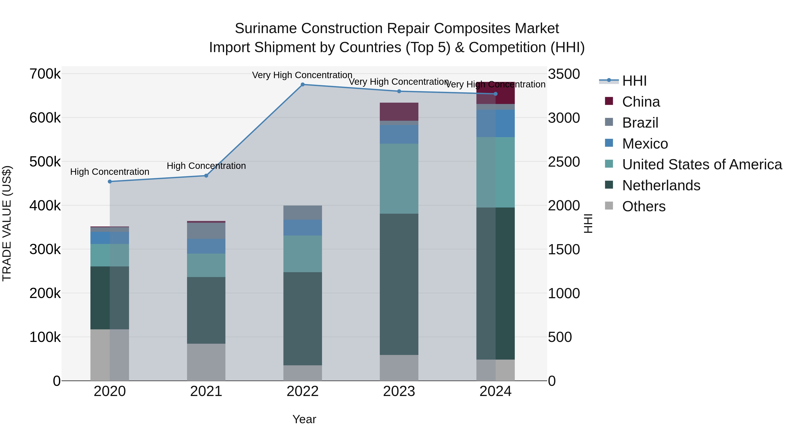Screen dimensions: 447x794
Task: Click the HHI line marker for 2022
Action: point(302,85)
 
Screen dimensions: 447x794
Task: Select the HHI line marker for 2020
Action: point(110,182)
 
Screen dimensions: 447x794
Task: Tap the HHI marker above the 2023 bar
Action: point(399,91)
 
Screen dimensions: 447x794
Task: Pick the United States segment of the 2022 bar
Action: point(302,254)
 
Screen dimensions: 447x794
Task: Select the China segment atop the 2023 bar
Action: point(399,112)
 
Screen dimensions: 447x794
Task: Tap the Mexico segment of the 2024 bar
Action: point(495,123)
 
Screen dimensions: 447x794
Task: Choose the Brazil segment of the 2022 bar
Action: point(302,213)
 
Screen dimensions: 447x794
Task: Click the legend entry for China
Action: point(640,102)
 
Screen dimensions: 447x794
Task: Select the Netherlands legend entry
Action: point(661,185)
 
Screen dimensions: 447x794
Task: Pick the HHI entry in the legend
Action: point(634,81)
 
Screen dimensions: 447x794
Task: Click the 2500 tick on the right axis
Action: point(564,162)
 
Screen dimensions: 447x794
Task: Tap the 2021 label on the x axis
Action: point(206,391)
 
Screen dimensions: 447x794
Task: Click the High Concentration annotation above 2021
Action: point(206,166)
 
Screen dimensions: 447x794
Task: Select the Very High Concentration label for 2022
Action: point(302,75)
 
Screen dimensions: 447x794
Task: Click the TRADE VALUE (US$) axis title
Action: point(7,223)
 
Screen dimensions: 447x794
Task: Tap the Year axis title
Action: point(304,419)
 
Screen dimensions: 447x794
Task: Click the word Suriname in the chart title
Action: point(265,29)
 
